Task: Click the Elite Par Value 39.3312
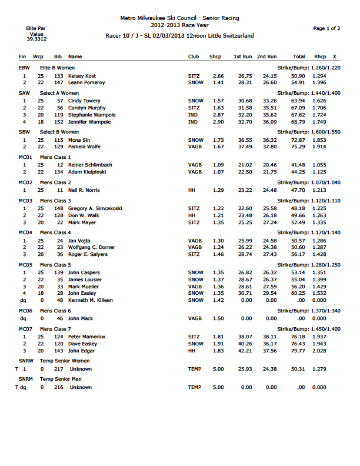pyautogui.click(x=36, y=39)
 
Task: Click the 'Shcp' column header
pyautogui.click(x=215, y=56)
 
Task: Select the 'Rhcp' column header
pyautogui.click(x=319, y=56)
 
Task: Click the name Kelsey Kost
pyautogui.click(x=82, y=76)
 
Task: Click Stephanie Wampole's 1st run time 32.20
pyautogui.click(x=245, y=115)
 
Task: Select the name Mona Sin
pyautogui.click(x=78, y=140)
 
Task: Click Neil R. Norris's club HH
pyautogui.click(x=191, y=191)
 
